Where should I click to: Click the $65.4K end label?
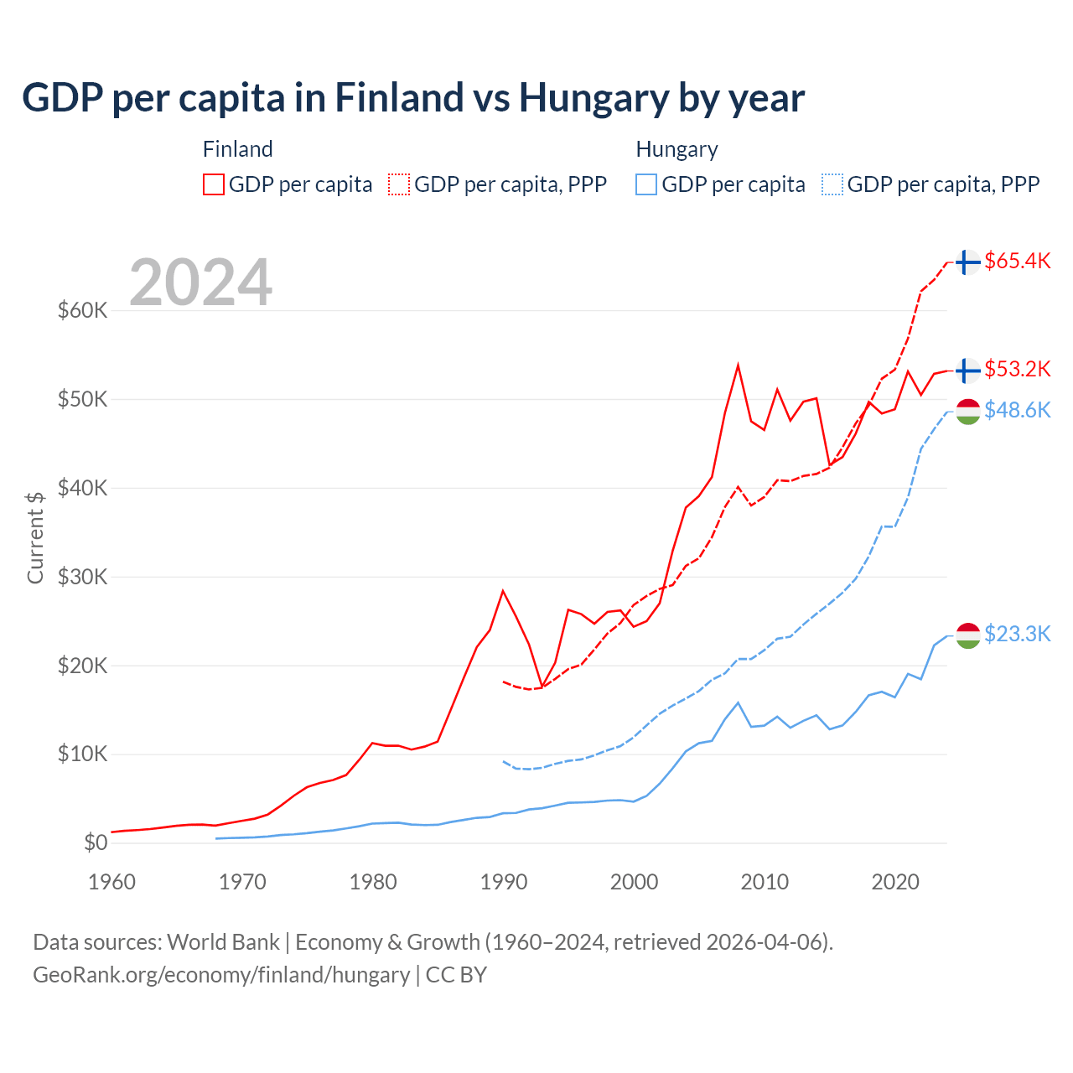pos(1017,261)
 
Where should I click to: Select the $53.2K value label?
pos(1017,369)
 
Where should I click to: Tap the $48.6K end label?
pos(1017,410)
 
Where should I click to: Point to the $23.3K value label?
pos(1017,634)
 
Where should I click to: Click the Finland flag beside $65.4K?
pos(967,262)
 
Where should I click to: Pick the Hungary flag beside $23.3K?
pos(967,635)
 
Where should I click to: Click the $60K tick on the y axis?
pos(82,311)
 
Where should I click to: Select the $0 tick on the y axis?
pos(96,842)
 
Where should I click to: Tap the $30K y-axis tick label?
pos(82,577)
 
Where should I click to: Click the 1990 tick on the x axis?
pos(504,882)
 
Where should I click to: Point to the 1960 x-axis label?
pos(111,882)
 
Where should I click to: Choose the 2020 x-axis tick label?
pos(895,882)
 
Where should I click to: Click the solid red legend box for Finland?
pos(214,184)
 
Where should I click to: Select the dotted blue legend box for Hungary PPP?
pos(832,184)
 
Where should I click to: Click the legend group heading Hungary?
pos(676,149)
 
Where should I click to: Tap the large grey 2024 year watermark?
pos(200,283)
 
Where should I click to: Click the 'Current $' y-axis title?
pos(35,537)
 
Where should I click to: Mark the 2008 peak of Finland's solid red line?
pos(738,365)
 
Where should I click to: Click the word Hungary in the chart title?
pos(591,98)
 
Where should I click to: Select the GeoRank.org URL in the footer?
pos(221,975)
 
